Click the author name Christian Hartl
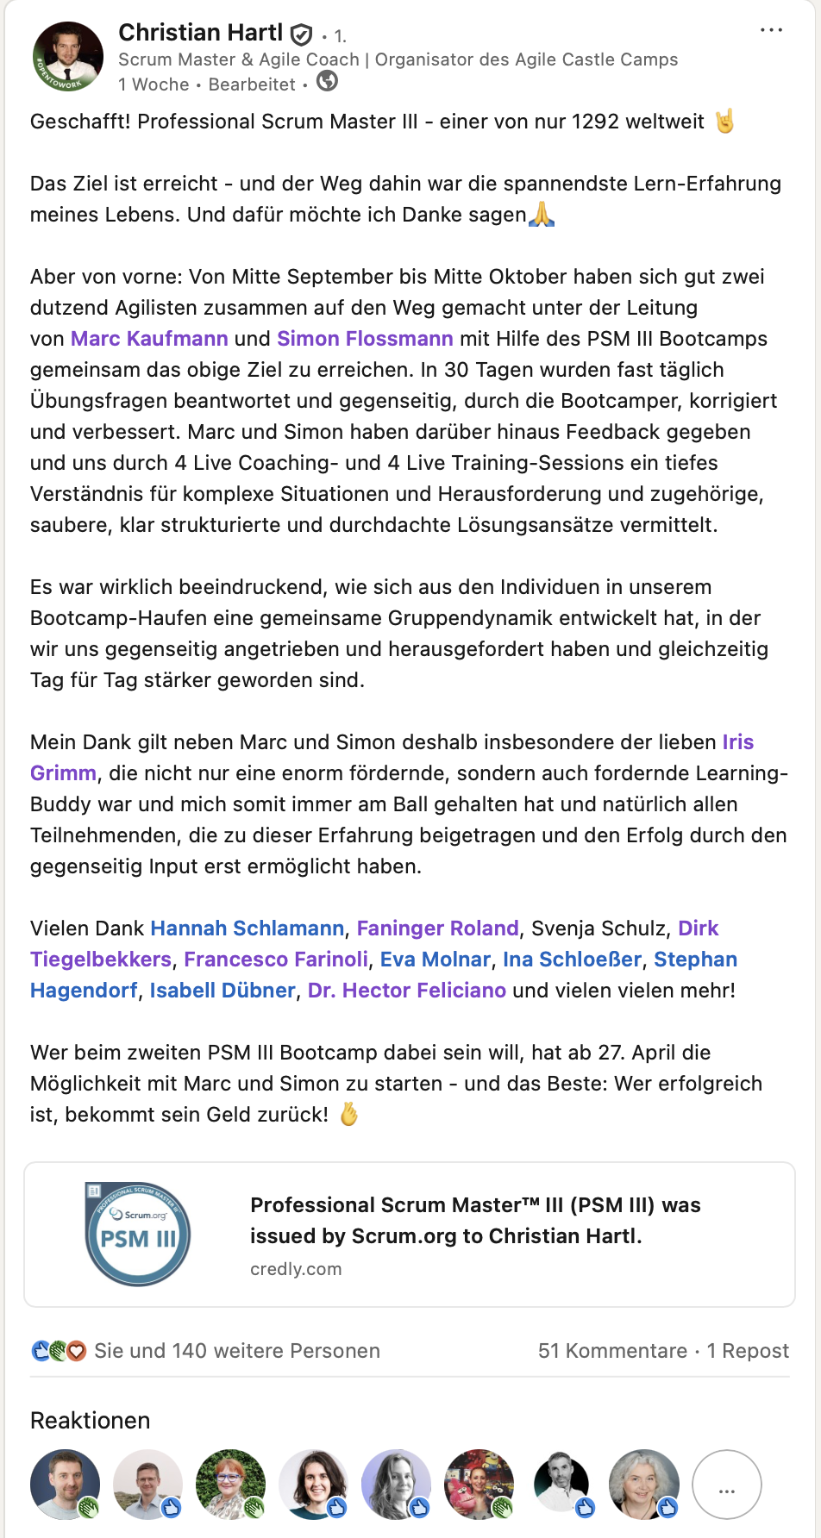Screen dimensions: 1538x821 pos(200,33)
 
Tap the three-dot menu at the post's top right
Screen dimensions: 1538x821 pos(771,30)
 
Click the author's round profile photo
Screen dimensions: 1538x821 pos(68,57)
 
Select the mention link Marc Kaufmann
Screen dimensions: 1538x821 pos(149,339)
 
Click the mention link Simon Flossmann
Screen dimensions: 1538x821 pos(365,339)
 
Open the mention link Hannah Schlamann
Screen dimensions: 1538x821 pos(248,928)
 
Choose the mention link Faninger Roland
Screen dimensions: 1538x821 pos(438,928)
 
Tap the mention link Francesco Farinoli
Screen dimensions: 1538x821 pos(276,960)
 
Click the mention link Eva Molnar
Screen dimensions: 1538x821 pos(436,960)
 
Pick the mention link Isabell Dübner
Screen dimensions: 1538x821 pos(222,991)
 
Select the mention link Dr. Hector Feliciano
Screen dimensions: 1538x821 pos(407,991)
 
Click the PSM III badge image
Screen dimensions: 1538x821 pos(138,1235)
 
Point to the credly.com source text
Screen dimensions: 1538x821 pos(296,1269)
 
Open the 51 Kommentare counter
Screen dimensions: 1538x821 pos(612,1351)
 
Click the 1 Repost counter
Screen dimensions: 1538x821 pos(748,1351)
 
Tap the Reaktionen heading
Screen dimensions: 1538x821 pos(91,1421)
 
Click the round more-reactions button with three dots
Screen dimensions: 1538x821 pos(727,1485)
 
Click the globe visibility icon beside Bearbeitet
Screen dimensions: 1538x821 pos(328,82)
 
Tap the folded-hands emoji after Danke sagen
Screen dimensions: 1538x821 pos(542,214)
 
